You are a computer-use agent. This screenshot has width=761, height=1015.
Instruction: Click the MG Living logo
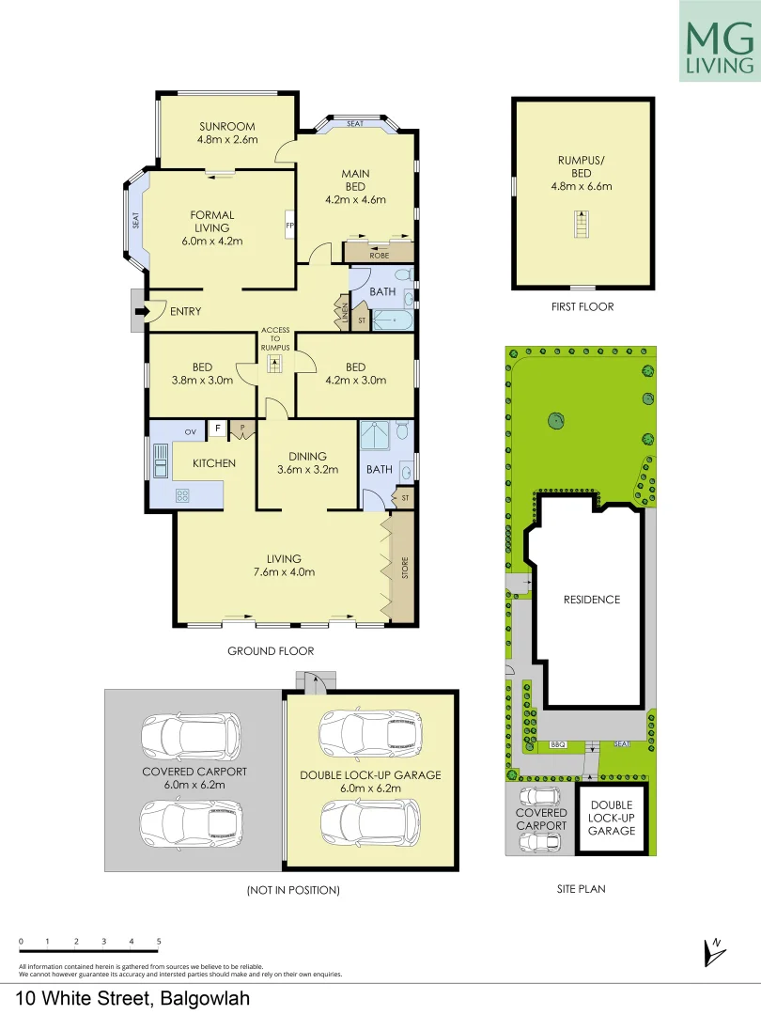pos(721,41)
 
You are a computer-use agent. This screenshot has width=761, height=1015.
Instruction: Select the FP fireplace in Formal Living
pos(289,226)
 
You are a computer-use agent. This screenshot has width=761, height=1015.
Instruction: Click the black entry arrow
pos(142,311)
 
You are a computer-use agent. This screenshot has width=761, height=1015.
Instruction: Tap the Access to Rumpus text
pos(275,339)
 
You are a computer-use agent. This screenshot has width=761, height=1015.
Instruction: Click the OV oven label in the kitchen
pos(190,431)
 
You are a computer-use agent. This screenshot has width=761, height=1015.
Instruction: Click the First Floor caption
pos(582,307)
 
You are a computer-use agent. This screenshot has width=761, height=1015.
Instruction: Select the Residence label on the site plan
pos(592,600)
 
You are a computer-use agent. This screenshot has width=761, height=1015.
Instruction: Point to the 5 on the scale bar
pos(159,940)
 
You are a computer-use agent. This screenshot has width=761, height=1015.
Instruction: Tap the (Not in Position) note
pos(292,889)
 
